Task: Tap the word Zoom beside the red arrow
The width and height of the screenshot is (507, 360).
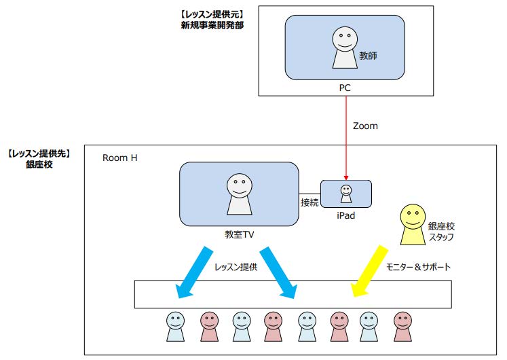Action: point(365,126)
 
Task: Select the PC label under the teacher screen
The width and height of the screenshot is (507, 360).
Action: point(345,88)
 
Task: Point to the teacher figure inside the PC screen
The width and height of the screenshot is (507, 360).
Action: point(344,49)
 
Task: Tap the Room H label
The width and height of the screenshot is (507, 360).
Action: point(119,158)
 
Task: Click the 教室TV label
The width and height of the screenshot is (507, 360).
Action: point(239,234)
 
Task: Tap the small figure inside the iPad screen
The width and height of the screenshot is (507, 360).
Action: point(346,194)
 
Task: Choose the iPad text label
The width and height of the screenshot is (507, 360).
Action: point(345,216)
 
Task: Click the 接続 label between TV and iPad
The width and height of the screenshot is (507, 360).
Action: point(309,202)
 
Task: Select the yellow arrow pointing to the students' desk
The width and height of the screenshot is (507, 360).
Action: point(369,272)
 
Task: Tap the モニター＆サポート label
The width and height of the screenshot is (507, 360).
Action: point(418,267)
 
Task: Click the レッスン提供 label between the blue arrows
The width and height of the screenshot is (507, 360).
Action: point(236,267)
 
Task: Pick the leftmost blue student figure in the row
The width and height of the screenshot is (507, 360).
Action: point(176,326)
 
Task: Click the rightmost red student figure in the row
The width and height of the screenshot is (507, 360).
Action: point(403,326)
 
